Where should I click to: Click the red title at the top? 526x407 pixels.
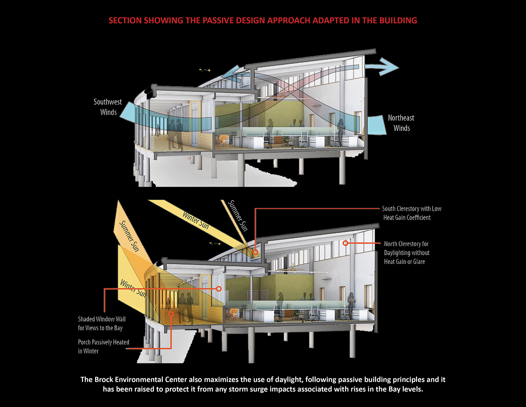263,21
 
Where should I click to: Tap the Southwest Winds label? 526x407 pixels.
108,107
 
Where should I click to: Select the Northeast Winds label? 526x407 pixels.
401,123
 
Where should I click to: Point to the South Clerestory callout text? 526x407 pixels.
412,213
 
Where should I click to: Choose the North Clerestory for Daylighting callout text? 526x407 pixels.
407,253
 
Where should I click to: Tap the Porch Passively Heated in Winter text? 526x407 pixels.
103,346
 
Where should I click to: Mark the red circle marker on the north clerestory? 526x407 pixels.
346,243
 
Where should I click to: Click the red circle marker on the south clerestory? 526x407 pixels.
255,252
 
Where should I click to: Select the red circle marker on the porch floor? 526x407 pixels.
171,314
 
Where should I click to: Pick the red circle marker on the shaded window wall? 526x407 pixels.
219,289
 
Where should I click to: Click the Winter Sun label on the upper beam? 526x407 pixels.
196,220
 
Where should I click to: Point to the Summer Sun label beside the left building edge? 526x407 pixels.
129,236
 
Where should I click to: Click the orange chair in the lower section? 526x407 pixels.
233,313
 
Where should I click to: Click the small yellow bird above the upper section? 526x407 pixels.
205,70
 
